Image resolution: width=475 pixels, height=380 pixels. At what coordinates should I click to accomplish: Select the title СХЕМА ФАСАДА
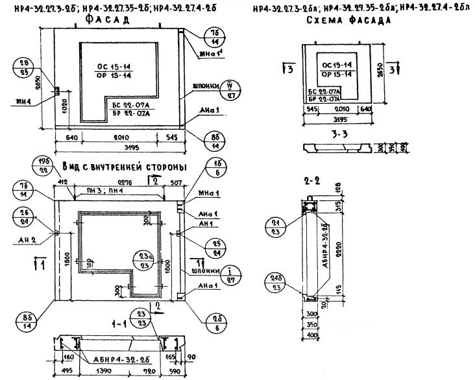tap(347, 21)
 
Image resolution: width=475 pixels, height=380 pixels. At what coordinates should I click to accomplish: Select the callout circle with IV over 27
tap(230, 89)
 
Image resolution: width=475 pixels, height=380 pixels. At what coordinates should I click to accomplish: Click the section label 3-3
tap(339, 134)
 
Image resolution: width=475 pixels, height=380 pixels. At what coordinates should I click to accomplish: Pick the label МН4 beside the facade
tap(25, 100)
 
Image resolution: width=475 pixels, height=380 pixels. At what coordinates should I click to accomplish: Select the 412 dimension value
tap(64, 182)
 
